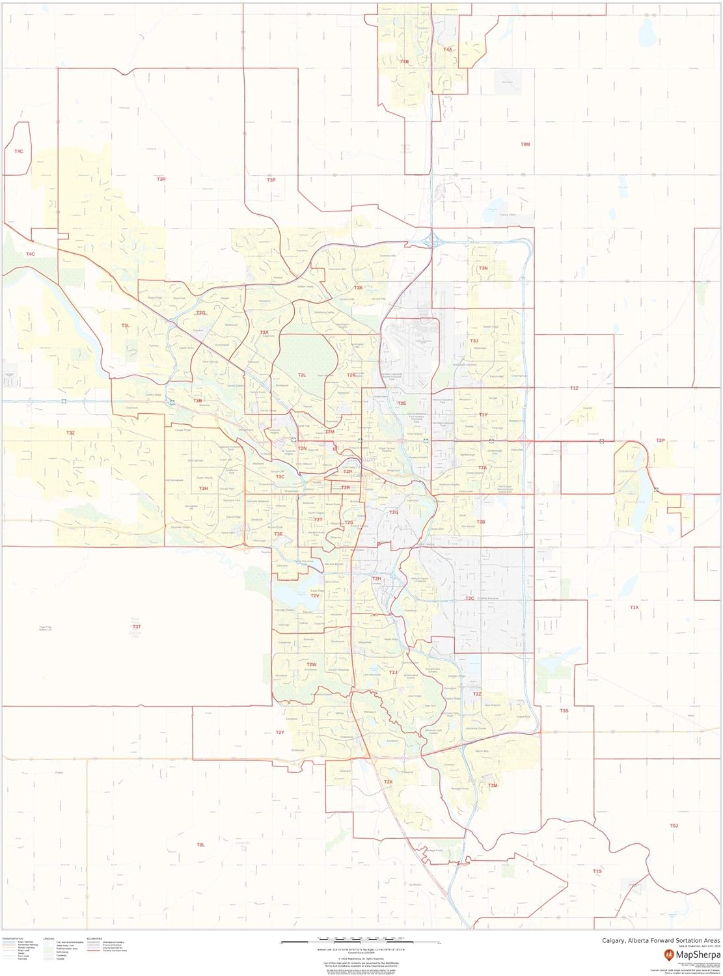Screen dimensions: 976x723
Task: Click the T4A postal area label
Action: pos(448,49)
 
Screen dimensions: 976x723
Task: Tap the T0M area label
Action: pos(526,144)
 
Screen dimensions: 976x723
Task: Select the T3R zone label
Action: pos(161,179)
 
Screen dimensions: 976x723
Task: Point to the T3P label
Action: pos(271,180)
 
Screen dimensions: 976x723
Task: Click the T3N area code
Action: pos(484,268)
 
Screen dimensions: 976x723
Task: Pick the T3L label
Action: pos(126,325)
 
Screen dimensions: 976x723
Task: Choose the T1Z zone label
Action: pos(573,388)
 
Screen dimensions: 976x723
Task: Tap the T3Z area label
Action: pos(70,433)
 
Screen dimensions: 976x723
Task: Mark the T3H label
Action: pos(203,488)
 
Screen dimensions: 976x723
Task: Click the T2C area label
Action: pos(470,598)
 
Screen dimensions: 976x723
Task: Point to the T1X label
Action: pos(634,607)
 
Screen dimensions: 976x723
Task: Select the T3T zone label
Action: pos(136,626)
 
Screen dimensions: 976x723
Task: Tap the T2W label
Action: pos(311,664)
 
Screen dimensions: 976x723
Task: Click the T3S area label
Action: pos(564,711)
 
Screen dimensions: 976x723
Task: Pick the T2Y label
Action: pos(280,733)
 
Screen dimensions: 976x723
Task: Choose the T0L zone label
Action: pos(200,845)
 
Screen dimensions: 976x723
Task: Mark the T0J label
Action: pos(674,826)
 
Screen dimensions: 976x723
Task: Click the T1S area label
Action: pos(597,871)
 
